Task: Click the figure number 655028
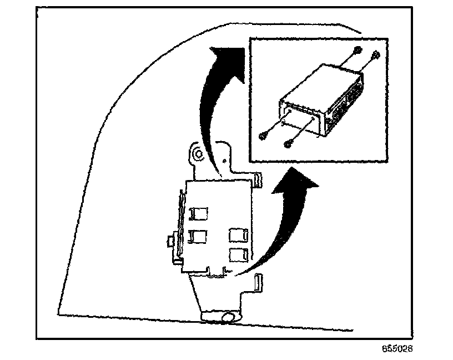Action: pyautogui.click(x=397, y=349)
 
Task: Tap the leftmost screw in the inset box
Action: pyautogui.click(x=263, y=136)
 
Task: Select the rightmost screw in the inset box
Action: pyautogui.click(x=376, y=54)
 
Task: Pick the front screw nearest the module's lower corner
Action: pyautogui.click(x=288, y=144)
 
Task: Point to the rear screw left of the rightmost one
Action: pyautogui.click(x=358, y=52)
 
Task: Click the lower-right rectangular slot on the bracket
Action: pyautogui.click(x=238, y=255)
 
